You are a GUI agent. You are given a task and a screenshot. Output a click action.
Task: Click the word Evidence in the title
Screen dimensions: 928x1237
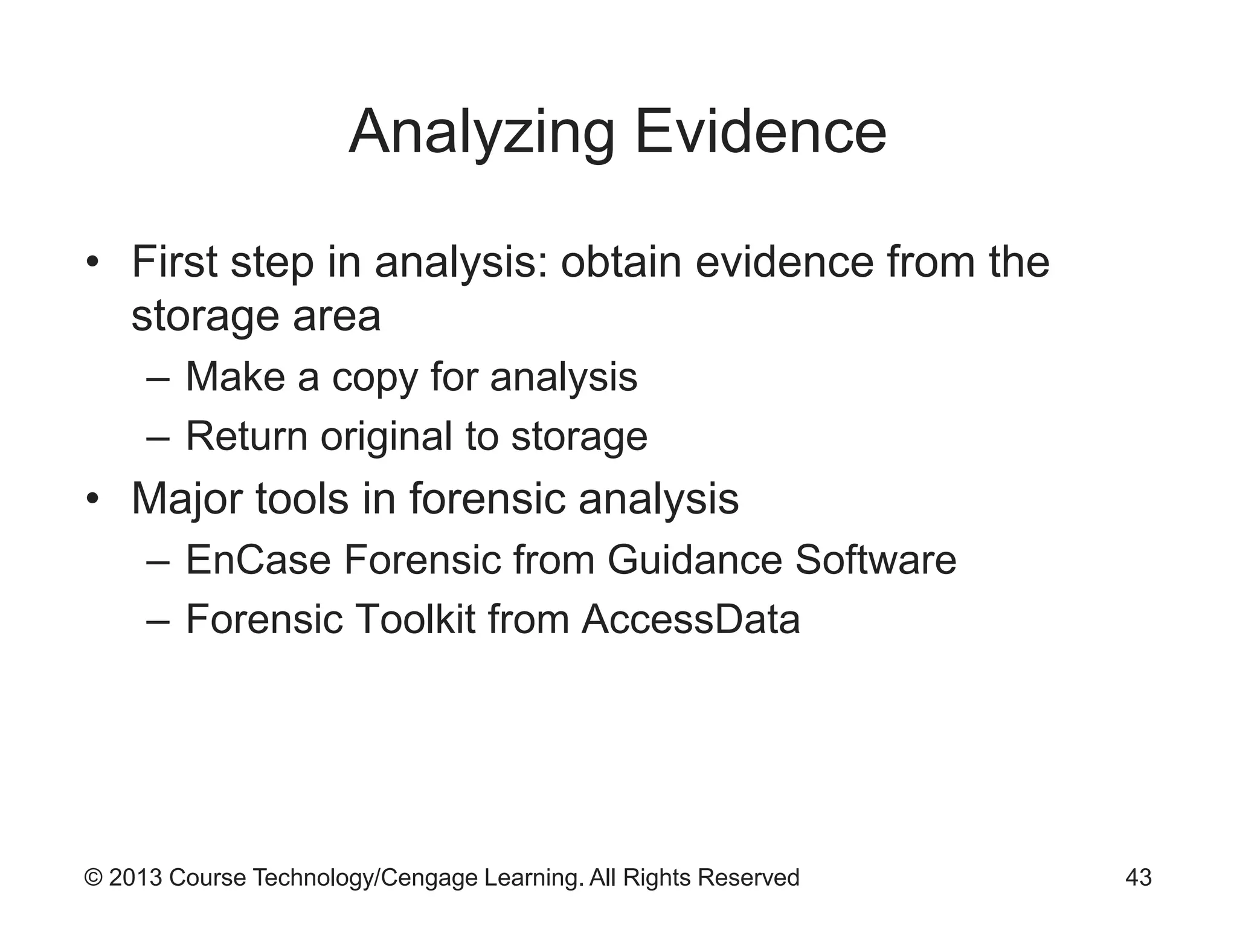pos(760,132)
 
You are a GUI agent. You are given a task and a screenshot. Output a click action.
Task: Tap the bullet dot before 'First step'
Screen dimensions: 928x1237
pos(92,263)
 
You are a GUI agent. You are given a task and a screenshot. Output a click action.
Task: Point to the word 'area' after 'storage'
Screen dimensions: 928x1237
pos(336,317)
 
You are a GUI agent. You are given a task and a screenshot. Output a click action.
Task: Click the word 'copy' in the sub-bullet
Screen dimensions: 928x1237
pos(374,378)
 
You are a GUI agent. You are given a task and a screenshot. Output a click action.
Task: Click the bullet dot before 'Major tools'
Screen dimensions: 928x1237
pos(92,500)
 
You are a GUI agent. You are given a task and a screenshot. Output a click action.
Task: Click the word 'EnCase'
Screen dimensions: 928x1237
pos(258,560)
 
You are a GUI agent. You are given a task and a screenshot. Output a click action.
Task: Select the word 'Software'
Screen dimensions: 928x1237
pos(875,560)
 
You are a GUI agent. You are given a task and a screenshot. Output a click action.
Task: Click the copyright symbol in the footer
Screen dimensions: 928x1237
pos(93,877)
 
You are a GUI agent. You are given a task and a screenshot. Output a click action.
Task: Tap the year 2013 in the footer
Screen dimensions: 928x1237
pos(135,877)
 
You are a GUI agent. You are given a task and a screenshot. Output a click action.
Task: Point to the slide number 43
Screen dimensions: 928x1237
pos(1138,877)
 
